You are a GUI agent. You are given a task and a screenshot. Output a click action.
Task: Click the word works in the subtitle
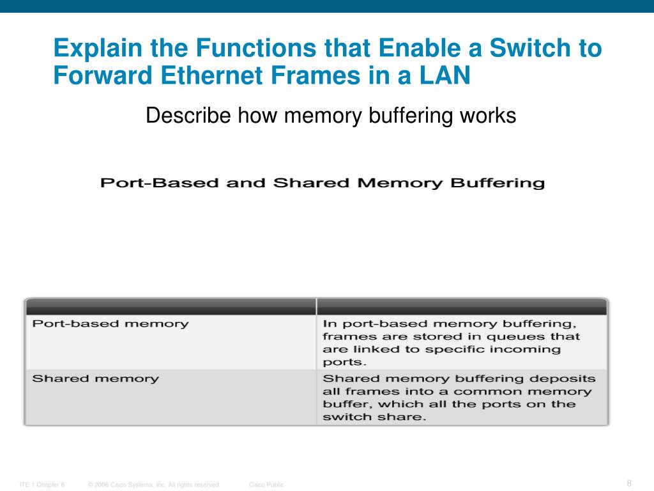coord(486,116)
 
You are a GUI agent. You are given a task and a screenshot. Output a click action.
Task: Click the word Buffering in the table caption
coord(498,183)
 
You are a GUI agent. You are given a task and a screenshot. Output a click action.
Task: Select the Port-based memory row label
coord(110,323)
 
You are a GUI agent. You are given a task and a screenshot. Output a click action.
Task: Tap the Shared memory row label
coord(96,378)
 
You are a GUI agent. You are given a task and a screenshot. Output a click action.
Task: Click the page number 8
coord(629,483)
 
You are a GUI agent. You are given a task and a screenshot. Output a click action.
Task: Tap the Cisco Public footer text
coord(266,485)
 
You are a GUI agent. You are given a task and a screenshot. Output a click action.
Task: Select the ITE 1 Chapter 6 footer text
coord(42,485)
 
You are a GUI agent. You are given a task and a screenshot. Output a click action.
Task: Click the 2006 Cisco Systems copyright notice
coord(155,485)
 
